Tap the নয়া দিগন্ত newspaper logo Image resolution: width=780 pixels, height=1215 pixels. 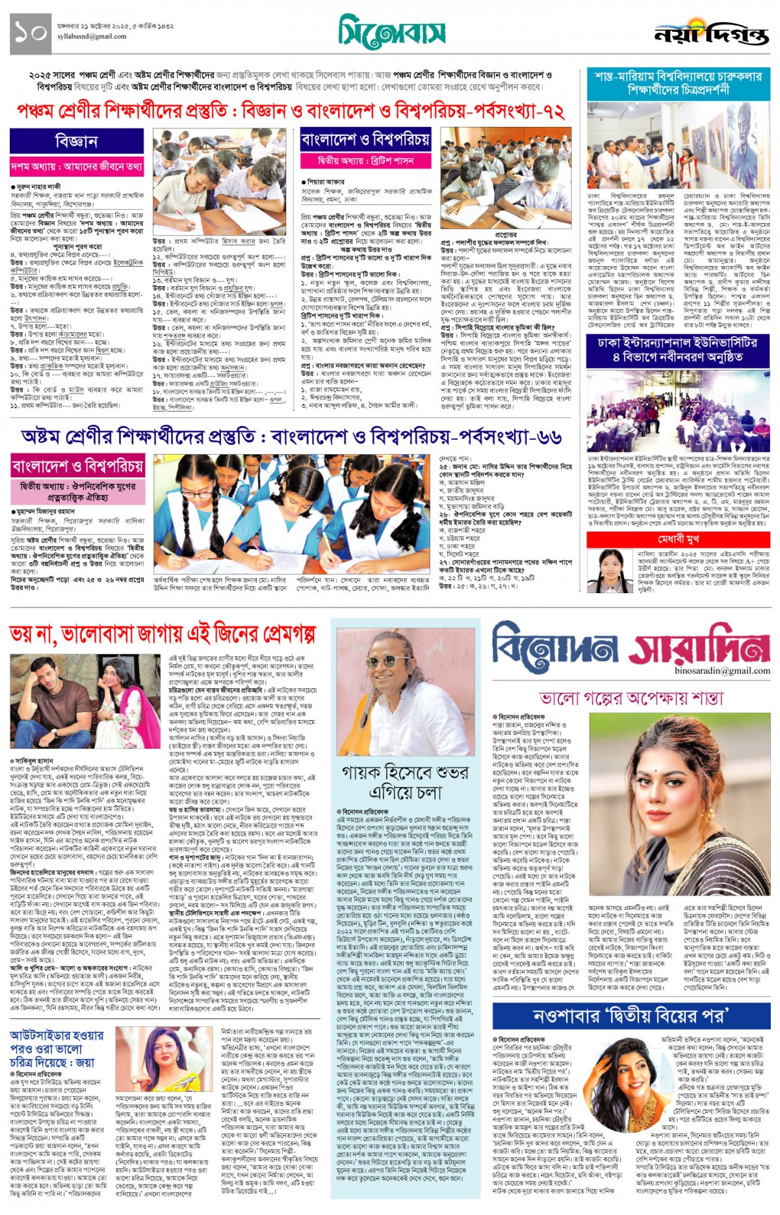click(711, 34)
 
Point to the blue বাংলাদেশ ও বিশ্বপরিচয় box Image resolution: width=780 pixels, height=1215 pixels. click(365, 139)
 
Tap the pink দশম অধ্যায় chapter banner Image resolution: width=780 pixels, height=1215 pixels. click(77, 167)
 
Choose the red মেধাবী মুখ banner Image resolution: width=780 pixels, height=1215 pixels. click(678, 539)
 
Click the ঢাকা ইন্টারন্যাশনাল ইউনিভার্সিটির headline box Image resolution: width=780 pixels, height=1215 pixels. click(678, 349)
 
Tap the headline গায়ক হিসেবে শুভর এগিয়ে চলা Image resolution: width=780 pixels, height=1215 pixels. click(405, 782)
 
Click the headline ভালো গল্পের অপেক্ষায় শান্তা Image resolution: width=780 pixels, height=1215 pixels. click(631, 699)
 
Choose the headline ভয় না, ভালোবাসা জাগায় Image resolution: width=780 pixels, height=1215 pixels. click(162, 634)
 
